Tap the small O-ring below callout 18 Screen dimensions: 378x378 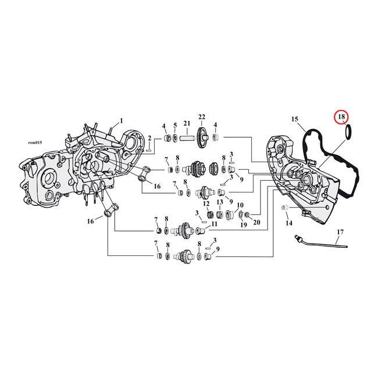348,134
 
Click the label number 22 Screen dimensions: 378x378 202,117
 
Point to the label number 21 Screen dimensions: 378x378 187,123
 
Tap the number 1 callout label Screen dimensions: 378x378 121,121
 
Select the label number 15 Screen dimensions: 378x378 295,119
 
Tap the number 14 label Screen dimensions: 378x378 288,223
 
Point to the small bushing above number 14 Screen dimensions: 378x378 285,208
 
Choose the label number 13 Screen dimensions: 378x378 220,202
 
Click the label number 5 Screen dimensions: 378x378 174,125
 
